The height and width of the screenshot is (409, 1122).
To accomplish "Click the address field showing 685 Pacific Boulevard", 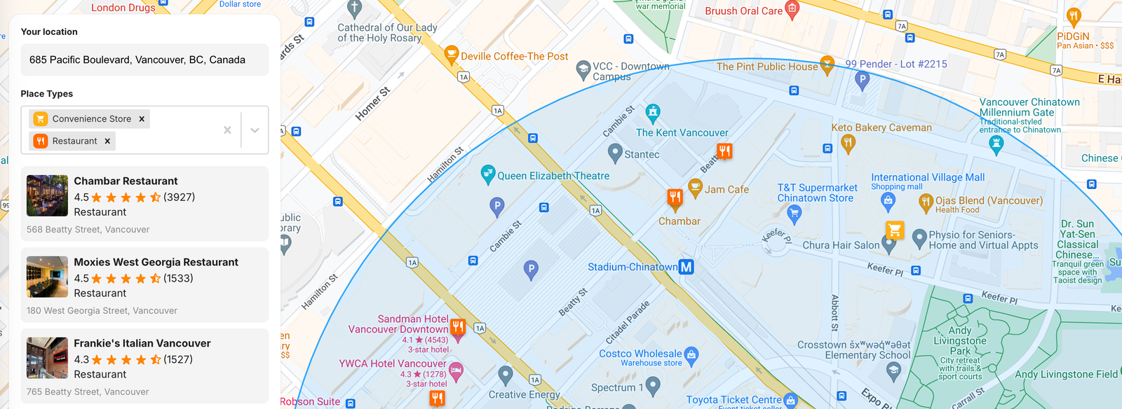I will click(144, 60).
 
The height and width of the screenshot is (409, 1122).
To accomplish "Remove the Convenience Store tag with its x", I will click(142, 119).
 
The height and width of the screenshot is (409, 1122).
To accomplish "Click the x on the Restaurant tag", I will click(107, 141).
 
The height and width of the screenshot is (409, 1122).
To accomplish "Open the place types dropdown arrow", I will click(255, 130).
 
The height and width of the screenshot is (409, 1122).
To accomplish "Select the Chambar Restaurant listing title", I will click(126, 181).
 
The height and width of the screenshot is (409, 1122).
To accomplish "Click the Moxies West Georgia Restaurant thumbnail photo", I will click(47, 277).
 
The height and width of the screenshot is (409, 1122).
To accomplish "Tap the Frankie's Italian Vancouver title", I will click(142, 344).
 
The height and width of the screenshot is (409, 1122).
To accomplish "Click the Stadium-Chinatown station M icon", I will click(687, 267).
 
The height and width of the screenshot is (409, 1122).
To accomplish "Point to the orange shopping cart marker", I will click(894, 230).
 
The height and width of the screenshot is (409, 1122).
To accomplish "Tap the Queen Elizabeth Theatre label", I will click(553, 176).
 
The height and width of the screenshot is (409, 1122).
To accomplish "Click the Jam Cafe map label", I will click(726, 190).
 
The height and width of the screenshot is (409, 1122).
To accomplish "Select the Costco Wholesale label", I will click(640, 354).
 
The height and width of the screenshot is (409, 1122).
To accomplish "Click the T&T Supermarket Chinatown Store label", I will click(817, 193).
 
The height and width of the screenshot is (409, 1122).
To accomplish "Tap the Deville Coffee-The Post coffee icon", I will click(452, 54).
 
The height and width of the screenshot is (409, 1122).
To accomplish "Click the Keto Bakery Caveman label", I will click(881, 128).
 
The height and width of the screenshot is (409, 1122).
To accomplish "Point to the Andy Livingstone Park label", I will click(960, 341).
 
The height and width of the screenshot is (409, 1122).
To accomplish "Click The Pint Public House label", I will click(766, 67).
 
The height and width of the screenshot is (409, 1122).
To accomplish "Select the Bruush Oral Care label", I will click(743, 11).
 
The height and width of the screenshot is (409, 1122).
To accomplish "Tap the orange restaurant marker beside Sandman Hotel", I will click(458, 326).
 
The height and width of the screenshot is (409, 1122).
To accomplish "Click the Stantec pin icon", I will click(615, 152).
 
